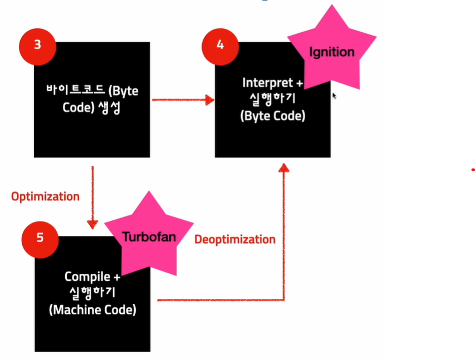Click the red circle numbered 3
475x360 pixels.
tap(37, 45)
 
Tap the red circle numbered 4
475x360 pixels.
tap(221, 45)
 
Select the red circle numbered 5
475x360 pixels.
tap(40, 238)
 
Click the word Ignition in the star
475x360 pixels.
tap(331, 52)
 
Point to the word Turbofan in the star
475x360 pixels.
tap(149, 236)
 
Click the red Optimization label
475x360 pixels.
tap(45, 196)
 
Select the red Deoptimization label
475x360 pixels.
tap(234, 239)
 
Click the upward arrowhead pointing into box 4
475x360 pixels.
tap(285, 168)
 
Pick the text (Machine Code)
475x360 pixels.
tap(92, 310)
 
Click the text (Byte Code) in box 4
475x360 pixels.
tap(273, 116)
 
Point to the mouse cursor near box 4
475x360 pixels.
tap(335, 96)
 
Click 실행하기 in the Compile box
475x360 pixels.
tap(92, 293)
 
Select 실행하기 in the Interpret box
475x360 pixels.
tap(273, 100)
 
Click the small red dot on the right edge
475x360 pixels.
tap(472, 169)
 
